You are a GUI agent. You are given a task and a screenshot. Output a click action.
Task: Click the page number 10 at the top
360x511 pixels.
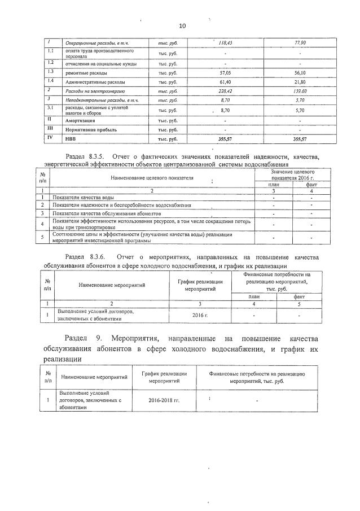coord(182,26)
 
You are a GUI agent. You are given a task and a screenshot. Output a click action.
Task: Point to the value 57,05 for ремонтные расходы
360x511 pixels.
coord(226,73)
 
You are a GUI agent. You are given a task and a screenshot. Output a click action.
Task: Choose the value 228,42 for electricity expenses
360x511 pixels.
coord(226,90)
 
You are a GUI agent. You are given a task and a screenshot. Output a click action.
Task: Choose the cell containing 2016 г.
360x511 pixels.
coord(200,315)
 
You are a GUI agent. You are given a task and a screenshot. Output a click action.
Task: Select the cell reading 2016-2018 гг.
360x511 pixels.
coord(164,400)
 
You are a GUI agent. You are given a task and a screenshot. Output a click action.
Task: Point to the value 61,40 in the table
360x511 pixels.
coord(226,82)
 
